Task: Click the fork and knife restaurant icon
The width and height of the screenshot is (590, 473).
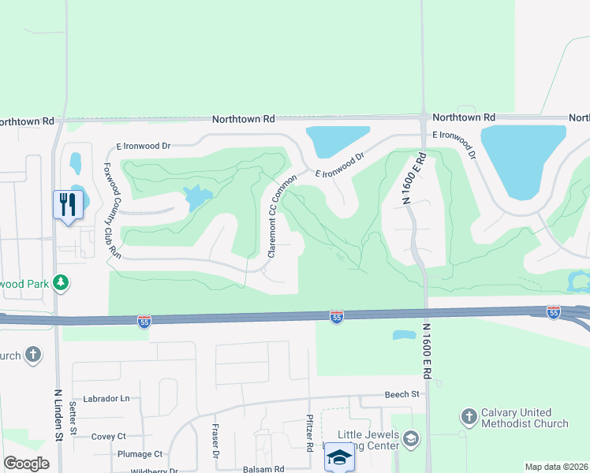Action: pyautogui.click(x=67, y=205)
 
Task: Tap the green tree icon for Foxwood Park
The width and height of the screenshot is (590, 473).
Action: pyautogui.click(x=60, y=282)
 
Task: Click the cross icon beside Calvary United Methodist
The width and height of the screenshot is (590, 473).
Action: pyautogui.click(x=469, y=415)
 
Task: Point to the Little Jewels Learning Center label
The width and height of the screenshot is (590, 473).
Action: pyautogui.click(x=369, y=441)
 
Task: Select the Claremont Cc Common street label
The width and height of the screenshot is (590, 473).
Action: pyautogui.click(x=275, y=216)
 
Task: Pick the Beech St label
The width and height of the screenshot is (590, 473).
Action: pyautogui.click(x=401, y=394)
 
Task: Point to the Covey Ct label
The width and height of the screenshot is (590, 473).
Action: pyautogui.click(x=109, y=436)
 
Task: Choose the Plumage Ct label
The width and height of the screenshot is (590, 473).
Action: pyautogui.click(x=140, y=454)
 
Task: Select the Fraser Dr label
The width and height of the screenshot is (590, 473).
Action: pyautogui.click(x=214, y=441)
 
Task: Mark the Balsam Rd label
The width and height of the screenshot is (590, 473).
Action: pyautogui.click(x=264, y=469)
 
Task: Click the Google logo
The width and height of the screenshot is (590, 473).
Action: pyautogui.click(x=27, y=464)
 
